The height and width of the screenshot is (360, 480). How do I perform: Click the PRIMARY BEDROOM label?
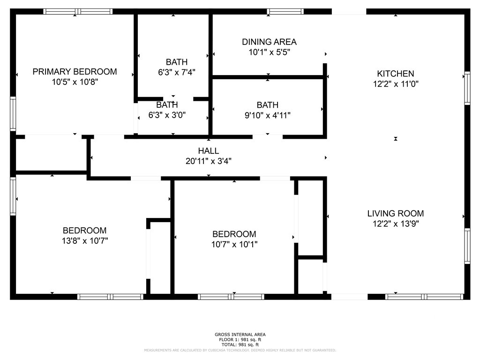(x=75, y=72)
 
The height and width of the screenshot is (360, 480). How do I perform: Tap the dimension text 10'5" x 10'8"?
(x=75, y=82)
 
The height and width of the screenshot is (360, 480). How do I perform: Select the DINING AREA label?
(x=269, y=42)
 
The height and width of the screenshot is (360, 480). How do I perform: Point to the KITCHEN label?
(x=396, y=74)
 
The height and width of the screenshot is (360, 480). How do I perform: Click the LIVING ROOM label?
(x=396, y=213)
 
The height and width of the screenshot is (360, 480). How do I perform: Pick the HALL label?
(x=209, y=151)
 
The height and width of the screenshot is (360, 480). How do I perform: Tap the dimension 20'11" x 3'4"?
(x=209, y=161)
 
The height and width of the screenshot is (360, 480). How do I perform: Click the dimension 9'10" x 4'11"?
(x=268, y=115)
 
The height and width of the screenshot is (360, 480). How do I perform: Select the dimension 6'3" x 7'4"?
(x=177, y=72)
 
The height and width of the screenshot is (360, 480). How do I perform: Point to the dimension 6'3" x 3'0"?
(x=167, y=115)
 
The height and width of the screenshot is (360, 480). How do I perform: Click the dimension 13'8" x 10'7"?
(x=85, y=241)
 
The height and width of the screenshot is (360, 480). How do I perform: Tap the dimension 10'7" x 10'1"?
(x=234, y=245)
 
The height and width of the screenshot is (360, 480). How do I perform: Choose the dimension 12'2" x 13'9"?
(x=396, y=224)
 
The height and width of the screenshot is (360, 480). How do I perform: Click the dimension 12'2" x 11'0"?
(x=396, y=84)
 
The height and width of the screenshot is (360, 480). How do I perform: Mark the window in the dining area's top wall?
(x=285, y=12)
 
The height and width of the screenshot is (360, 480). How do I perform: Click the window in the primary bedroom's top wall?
(x=78, y=12)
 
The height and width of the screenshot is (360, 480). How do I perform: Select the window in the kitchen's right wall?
(x=467, y=88)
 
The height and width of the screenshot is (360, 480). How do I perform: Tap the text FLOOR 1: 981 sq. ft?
(x=240, y=339)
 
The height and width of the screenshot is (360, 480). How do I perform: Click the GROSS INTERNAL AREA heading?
(x=240, y=335)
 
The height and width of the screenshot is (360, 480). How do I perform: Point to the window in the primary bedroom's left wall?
(x=13, y=114)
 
